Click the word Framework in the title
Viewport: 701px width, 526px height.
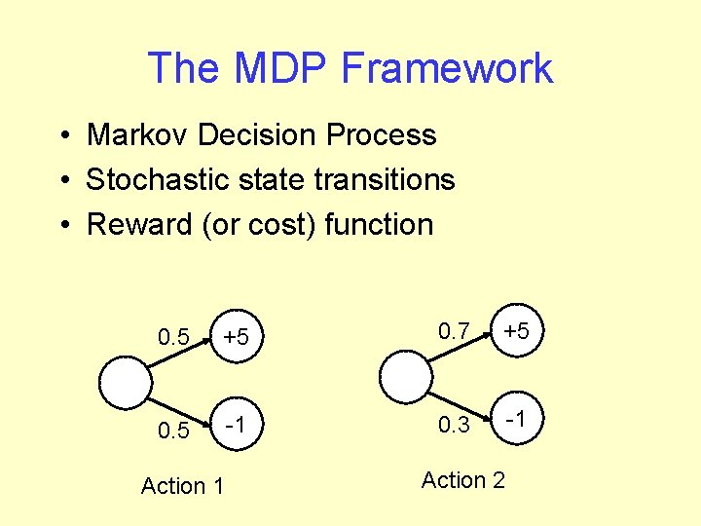pyautogui.click(x=448, y=69)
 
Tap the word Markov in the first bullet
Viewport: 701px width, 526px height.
pyautogui.click(x=137, y=134)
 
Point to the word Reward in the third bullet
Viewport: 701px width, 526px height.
pyautogui.click(x=139, y=224)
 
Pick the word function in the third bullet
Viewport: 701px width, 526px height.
pyautogui.click(x=379, y=224)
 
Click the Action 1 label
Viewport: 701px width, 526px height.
pyautogui.click(x=182, y=485)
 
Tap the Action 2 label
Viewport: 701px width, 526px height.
pyautogui.click(x=463, y=479)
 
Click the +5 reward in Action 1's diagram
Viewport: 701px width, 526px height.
pyautogui.click(x=237, y=337)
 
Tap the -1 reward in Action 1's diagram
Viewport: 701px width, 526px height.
pyautogui.click(x=235, y=426)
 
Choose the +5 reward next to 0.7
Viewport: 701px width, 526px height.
pyautogui.click(x=516, y=331)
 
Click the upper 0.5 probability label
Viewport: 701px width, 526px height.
pyautogui.click(x=174, y=338)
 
